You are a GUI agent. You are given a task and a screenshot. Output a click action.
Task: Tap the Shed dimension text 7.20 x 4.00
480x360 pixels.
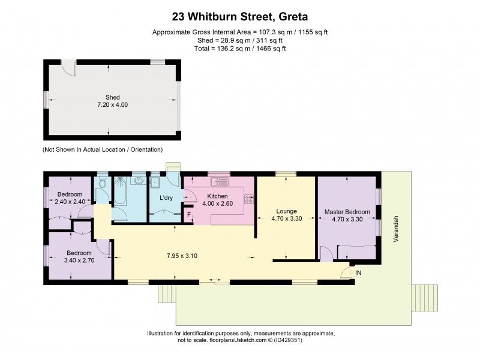coord(113,105)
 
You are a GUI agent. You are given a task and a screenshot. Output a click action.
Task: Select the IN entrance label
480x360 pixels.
coord(358,273)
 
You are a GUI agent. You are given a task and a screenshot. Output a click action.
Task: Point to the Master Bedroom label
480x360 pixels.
coord(347,212)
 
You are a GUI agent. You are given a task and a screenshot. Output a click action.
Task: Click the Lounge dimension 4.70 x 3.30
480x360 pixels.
coord(286,219)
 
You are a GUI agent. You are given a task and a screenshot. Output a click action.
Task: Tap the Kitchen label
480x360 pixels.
coord(217,196)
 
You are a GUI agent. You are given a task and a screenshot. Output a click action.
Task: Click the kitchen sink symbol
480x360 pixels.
coord(217,180)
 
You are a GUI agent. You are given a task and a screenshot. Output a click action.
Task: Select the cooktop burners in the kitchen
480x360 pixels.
coord(248,199)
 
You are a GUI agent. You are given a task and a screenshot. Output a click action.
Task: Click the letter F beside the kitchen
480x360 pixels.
coord(189,214)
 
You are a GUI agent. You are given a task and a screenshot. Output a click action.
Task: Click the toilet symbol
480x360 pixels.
coord(103,184)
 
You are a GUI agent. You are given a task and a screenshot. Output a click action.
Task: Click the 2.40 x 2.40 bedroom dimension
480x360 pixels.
coord(70,202)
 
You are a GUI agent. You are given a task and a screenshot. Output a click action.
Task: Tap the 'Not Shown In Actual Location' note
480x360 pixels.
coord(103,149)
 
